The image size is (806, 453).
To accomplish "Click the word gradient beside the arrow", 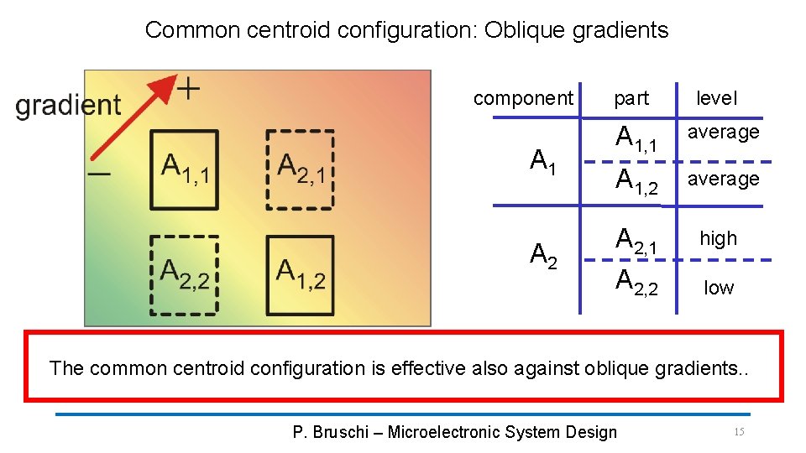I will coord(69,105).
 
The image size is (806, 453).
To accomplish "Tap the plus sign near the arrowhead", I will coord(191,87).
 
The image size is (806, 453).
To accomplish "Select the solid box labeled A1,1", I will coord(184,169).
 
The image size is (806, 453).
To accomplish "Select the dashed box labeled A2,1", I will coord(300,169).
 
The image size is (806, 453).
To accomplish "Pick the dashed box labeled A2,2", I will coord(184,274).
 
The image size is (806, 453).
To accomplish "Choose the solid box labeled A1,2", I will coord(300,274).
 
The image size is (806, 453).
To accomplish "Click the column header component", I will coord(523,98).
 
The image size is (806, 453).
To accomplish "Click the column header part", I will coord(631,98).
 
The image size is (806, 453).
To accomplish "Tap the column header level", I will coord(716,98).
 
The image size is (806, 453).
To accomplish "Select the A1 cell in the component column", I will coord(543,159).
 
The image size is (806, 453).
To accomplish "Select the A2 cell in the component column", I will coord(543,255).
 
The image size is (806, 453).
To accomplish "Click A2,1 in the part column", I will coord(635,241).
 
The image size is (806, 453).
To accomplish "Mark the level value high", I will coord(719,238).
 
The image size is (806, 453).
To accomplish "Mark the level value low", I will coord(719,288).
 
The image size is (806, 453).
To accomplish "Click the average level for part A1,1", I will coord(724,132).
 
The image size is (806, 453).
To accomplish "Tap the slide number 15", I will coord(739,431).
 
